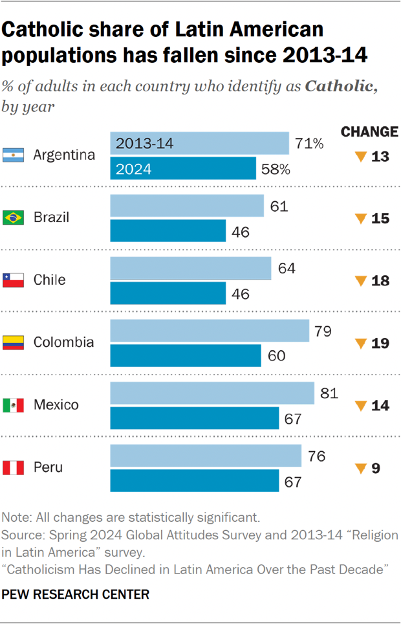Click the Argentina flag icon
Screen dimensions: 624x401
point(13,155)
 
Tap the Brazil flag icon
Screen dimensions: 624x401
point(13,217)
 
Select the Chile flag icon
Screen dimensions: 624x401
point(13,280)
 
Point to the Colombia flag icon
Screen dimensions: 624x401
point(13,342)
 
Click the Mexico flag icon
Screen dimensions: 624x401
point(13,405)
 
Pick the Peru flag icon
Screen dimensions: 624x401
point(13,467)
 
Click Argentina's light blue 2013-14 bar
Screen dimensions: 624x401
point(199,143)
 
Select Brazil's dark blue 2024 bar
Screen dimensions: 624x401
point(168,231)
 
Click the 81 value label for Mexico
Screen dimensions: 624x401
point(329,393)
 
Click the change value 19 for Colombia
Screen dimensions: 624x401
point(380,343)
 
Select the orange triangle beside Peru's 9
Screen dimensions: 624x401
point(361,468)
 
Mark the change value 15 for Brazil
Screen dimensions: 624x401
point(380,218)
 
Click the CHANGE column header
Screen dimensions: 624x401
point(369,132)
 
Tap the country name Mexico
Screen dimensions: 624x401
point(56,405)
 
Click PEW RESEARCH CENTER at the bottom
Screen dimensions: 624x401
point(76,594)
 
